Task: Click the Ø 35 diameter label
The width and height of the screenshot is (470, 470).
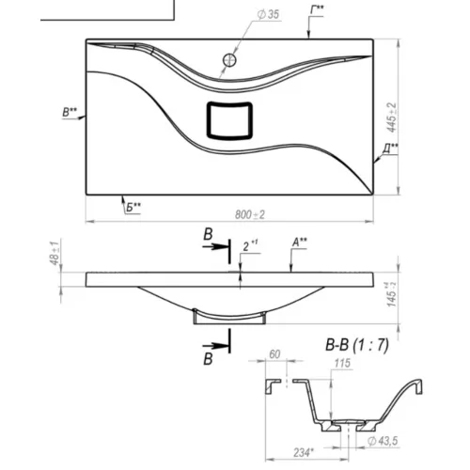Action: (x=268, y=14)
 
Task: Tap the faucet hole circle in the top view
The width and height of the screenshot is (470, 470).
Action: (x=229, y=60)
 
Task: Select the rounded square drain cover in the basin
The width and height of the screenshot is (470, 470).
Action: (x=229, y=120)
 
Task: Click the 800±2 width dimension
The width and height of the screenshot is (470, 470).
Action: (x=250, y=214)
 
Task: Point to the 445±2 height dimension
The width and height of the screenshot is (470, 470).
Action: (x=392, y=117)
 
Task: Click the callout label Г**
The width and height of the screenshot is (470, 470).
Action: (x=317, y=10)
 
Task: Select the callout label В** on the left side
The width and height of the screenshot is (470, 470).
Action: (x=70, y=112)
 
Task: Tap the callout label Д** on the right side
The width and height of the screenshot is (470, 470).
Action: (x=390, y=149)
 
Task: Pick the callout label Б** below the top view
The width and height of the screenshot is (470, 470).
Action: (x=133, y=207)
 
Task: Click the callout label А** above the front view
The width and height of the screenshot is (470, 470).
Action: (x=300, y=243)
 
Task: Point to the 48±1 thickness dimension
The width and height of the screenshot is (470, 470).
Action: (x=55, y=253)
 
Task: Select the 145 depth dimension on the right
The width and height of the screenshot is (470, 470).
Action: (x=391, y=294)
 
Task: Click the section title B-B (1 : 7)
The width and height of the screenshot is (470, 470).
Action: (x=357, y=345)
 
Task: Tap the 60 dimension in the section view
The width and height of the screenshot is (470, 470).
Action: (x=274, y=354)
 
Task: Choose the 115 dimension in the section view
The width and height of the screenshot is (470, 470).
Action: (x=342, y=364)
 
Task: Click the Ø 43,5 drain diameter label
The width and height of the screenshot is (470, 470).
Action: (x=383, y=441)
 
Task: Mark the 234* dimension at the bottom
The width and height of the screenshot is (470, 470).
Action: (x=304, y=453)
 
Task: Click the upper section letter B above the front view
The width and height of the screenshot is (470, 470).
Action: (x=208, y=234)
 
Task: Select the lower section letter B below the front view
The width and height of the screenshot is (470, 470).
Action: (x=208, y=359)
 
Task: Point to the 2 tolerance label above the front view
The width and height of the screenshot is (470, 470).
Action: (x=250, y=245)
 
